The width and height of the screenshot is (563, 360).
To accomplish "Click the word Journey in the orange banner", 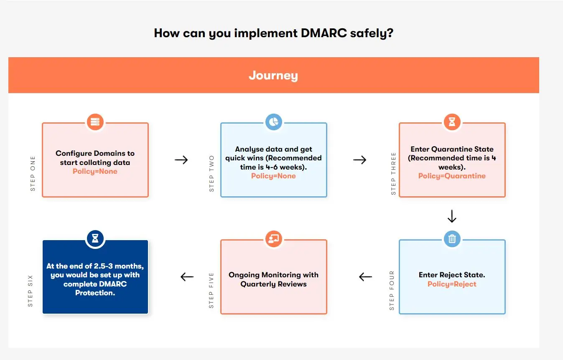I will point(273,76).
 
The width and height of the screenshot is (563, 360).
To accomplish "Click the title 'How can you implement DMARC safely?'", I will point(273,33).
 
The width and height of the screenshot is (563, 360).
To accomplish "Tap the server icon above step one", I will point(95,122).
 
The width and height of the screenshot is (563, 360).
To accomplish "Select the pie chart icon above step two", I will point(273,122).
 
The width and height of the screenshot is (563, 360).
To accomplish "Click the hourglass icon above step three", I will point(452,122).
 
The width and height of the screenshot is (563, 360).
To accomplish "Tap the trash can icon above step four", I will point(452,239).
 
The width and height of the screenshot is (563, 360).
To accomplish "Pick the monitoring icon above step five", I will point(273,239).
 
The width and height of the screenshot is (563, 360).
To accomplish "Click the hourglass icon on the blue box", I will point(95,238).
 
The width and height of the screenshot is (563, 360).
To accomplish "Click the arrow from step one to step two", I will point(181,160).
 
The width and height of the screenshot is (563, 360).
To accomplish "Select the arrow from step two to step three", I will point(359,160).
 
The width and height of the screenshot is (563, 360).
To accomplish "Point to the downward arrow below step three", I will point(452,216).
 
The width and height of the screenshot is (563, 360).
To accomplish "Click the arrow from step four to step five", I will point(365,276).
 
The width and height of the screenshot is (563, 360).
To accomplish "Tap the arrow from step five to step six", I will point(187,276).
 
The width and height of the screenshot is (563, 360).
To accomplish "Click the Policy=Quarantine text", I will point(452,176).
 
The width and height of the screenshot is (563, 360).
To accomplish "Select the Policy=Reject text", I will point(452,284).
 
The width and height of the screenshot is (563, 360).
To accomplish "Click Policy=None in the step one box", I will point(95,171).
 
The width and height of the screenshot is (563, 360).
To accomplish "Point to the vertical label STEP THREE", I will point(393,174).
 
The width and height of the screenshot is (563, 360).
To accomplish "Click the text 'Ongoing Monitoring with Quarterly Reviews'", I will point(273,279).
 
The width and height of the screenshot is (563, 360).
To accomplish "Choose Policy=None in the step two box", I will point(273,176).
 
